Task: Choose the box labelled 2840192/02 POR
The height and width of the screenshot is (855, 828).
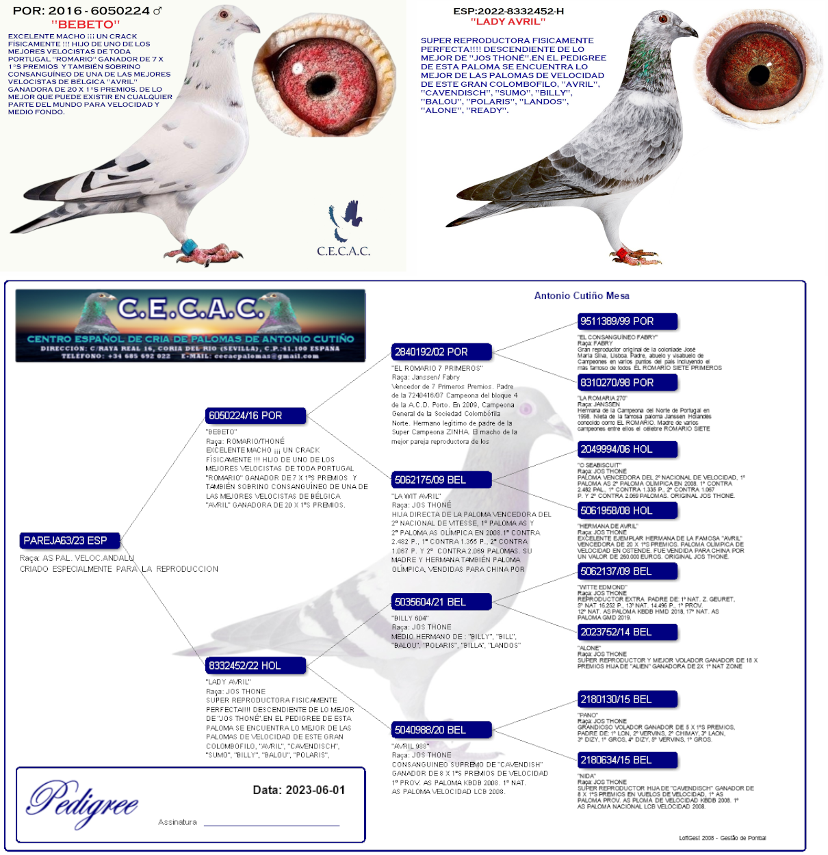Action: pyautogui.click(x=441, y=352)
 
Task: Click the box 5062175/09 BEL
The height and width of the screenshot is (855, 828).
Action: pyautogui.click(x=441, y=480)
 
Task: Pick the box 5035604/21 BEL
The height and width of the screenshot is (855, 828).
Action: pyautogui.click(x=441, y=602)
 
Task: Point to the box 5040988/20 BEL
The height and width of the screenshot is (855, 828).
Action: pyautogui.click(x=441, y=730)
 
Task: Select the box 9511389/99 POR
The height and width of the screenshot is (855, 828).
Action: pyautogui.click(x=627, y=321)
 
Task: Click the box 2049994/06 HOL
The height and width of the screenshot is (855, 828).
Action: pyautogui.click(x=627, y=449)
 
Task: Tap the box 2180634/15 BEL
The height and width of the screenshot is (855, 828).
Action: pyautogui.click(x=627, y=760)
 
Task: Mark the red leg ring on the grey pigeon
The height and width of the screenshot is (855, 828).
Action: pyautogui.click(x=622, y=254)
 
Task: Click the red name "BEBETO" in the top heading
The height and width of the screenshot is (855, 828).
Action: pyautogui.click(x=86, y=25)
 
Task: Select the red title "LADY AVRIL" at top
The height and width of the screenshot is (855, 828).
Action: pyautogui.click(x=508, y=22)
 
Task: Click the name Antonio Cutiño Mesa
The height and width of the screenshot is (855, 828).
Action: pyautogui.click(x=582, y=295)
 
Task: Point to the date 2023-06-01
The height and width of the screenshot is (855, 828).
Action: pyautogui.click(x=315, y=790)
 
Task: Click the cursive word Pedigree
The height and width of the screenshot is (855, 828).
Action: pyautogui.click(x=83, y=802)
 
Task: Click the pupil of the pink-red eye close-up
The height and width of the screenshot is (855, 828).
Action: pyautogui.click(x=321, y=85)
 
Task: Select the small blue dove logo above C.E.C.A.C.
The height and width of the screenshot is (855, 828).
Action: pyautogui.click(x=346, y=218)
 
